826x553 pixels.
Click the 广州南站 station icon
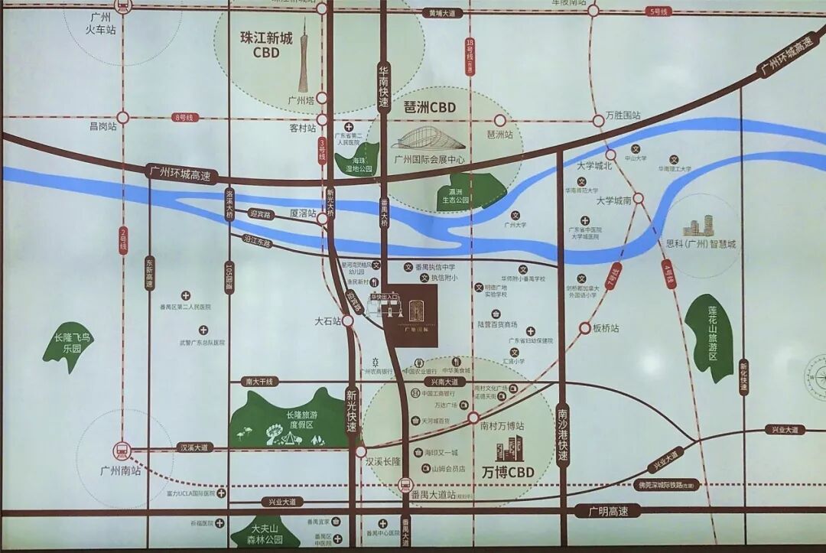pyautogui.click(x=121, y=451)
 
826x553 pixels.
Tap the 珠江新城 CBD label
pyautogui.click(x=261, y=45)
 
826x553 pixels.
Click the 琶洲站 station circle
pyautogui.click(x=500, y=120)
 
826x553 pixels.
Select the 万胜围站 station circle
pyautogui.click(x=599, y=120)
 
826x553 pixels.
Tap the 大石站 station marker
pyautogui.click(x=348, y=321)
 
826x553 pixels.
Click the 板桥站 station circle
pyautogui.click(x=585, y=328)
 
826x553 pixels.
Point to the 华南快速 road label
pyautogui.click(x=384, y=84)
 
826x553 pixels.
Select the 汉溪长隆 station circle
pyautogui.click(x=360, y=451)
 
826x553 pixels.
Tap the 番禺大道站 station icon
pyautogui.click(x=405, y=483)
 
